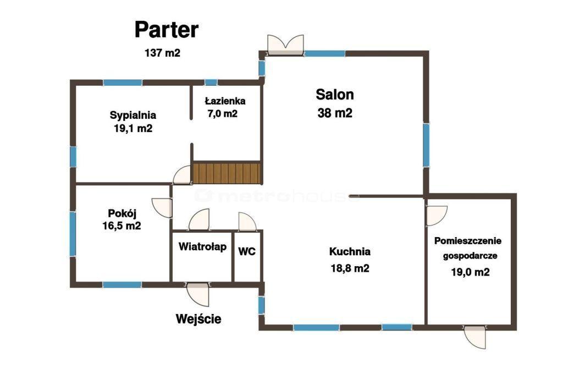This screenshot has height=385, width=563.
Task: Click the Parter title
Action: tap(166, 30)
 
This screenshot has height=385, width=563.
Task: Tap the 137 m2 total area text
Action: tap(162, 53)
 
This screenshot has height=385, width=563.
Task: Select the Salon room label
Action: tap(335, 95)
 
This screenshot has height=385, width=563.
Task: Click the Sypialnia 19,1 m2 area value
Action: tap(133, 128)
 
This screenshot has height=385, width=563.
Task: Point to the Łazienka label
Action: tap(225, 101)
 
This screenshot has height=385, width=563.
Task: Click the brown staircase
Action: tap(227, 173)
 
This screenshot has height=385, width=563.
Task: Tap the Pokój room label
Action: tap(122, 213)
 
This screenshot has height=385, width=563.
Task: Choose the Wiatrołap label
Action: tap(202, 247)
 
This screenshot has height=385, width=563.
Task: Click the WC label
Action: tap(247, 251)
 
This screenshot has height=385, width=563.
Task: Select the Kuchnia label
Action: tap(350, 251)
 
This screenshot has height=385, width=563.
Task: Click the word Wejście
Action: tap(198, 319)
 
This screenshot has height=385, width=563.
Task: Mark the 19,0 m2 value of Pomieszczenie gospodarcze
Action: tap(471, 272)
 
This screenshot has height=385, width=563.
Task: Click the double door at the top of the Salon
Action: tap(286, 45)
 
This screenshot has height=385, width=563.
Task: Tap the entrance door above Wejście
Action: tap(197, 294)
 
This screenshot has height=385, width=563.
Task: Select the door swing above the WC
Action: tap(247, 222)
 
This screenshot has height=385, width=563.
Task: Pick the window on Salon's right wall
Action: tap(426, 145)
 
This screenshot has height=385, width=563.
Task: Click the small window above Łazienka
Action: tap(211, 82)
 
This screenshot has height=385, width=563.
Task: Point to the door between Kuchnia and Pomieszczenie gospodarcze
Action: tap(436, 216)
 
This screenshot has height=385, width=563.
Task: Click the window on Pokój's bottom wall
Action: tap(122, 285)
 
